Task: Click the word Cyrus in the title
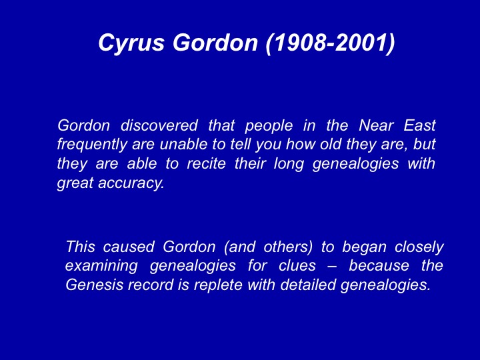[131, 43]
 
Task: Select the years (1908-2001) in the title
[330, 42]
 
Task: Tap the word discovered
[159, 125]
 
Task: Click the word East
[419, 125]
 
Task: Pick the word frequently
[92, 145]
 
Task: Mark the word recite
[206, 163]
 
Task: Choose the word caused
[128, 247]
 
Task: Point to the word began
[364, 247]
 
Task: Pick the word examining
[101, 266]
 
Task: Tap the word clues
[297, 265]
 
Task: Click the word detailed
[308, 285]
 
